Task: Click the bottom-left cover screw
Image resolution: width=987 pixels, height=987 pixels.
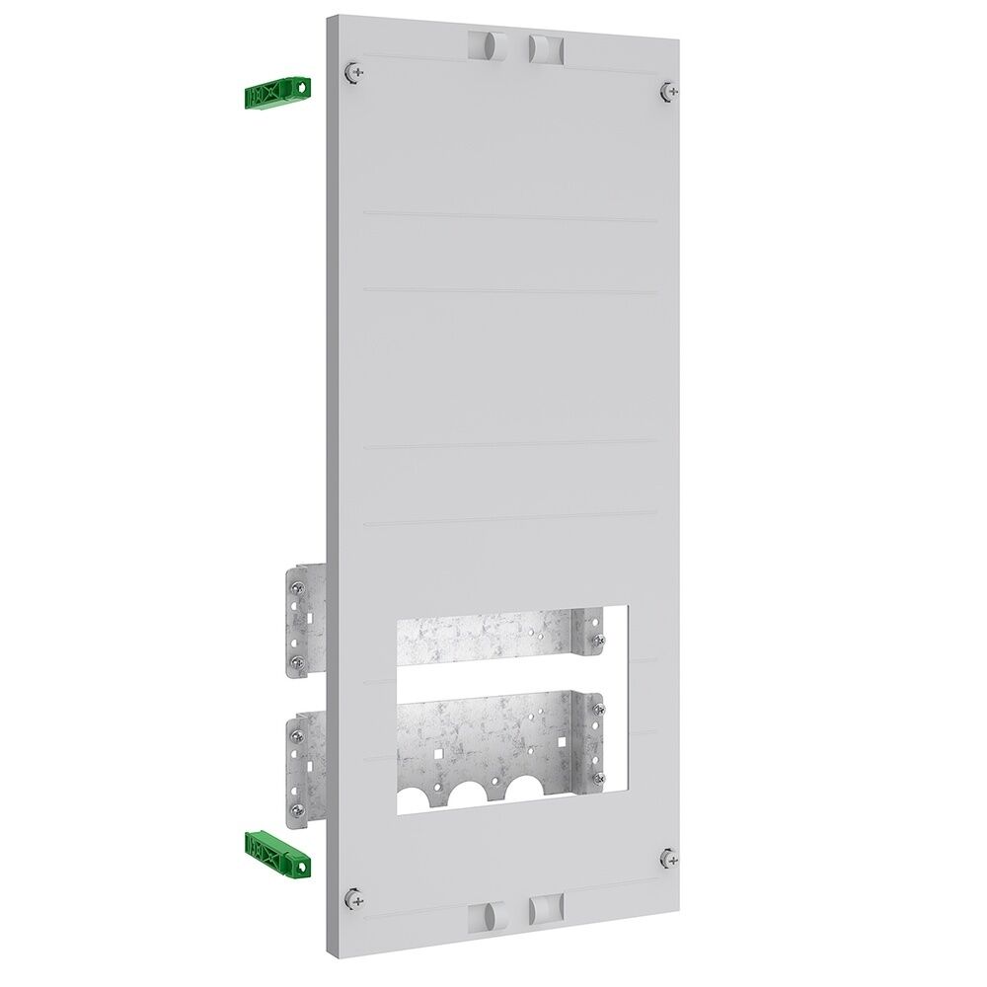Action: tap(354, 897)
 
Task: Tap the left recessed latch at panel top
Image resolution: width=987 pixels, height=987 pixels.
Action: tap(485, 45)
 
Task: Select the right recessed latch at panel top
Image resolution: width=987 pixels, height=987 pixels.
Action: tap(543, 47)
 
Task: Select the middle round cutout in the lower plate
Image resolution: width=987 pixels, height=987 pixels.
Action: tap(471, 791)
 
